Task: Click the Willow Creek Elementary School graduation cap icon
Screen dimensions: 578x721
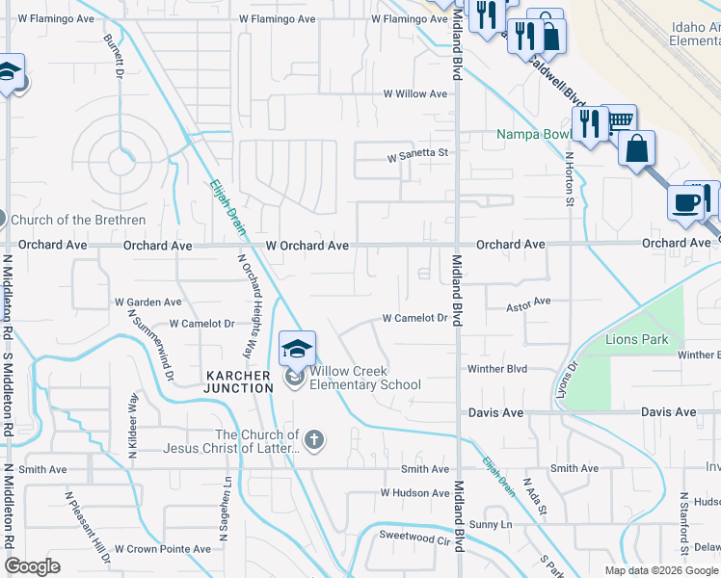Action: pyautogui.click(x=298, y=348)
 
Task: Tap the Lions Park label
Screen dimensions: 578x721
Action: pyautogui.click(x=637, y=340)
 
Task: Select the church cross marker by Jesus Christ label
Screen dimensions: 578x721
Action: pyautogui.click(x=313, y=441)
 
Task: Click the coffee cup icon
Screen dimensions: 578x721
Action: pyautogui.click(x=684, y=202)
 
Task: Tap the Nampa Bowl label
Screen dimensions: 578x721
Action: pyautogui.click(x=535, y=134)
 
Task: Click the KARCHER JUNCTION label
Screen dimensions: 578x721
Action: pyautogui.click(x=238, y=381)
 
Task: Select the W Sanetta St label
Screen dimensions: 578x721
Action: pyautogui.click(x=418, y=154)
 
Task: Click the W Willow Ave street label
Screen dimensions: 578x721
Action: pyautogui.click(x=415, y=94)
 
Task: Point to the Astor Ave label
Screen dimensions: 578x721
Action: pyautogui.click(x=528, y=302)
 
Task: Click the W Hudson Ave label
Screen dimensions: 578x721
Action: pyautogui.click(x=414, y=493)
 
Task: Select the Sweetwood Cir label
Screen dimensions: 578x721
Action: pyautogui.click(x=415, y=536)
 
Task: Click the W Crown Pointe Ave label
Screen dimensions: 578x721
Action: pyautogui.click(x=162, y=549)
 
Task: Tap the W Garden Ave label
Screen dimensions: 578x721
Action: pyautogui.click(x=147, y=302)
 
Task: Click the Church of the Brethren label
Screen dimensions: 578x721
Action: pyautogui.click(x=78, y=221)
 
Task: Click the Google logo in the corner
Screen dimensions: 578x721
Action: pyautogui.click(x=32, y=566)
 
